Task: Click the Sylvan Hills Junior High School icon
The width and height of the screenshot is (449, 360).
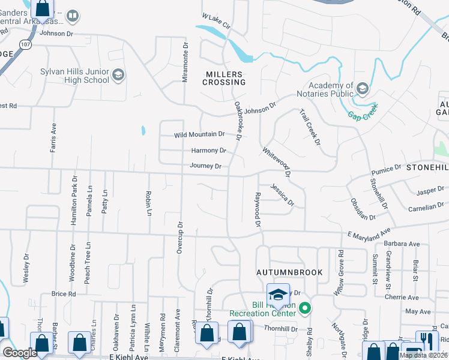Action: (118, 74)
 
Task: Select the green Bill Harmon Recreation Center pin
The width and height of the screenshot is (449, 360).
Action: (305, 308)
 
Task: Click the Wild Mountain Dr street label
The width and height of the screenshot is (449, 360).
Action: (199, 134)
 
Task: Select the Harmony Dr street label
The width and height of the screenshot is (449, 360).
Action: (208, 151)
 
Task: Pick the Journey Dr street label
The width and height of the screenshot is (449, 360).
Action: (206, 166)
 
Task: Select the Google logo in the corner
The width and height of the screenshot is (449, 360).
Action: (20, 352)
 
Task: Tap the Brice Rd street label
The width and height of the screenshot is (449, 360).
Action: (64, 294)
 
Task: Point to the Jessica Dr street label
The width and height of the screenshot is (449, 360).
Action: (282, 196)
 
